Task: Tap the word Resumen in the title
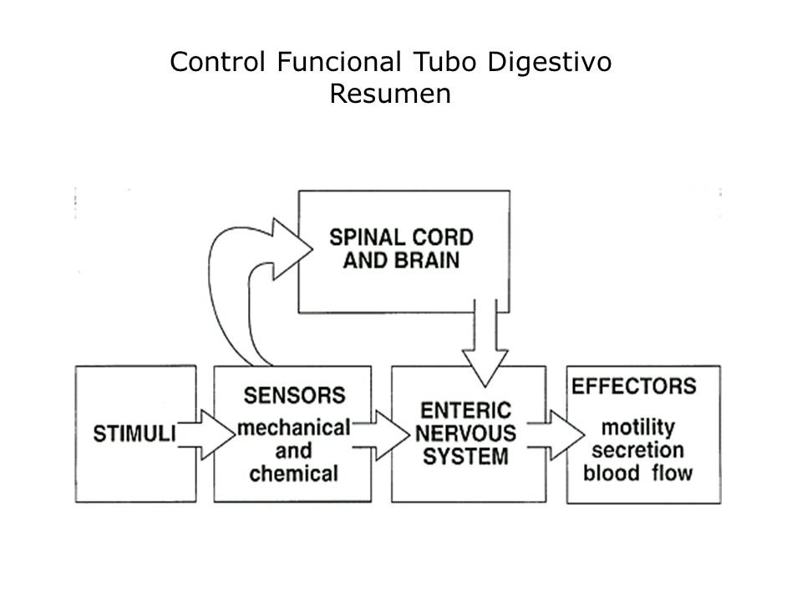(x=390, y=94)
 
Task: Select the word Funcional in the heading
(x=338, y=62)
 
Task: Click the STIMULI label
(x=134, y=434)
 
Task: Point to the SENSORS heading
(x=295, y=395)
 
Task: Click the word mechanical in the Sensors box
(x=294, y=427)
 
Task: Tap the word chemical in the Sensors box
(x=293, y=473)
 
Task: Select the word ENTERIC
(x=465, y=411)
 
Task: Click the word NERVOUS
(x=465, y=434)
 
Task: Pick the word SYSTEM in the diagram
(x=465, y=457)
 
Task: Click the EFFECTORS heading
(x=634, y=386)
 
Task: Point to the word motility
(x=637, y=428)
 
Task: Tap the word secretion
(x=637, y=450)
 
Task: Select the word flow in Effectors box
(x=672, y=472)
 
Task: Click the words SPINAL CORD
(x=401, y=237)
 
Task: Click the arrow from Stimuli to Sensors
(x=206, y=435)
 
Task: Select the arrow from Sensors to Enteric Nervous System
(x=381, y=435)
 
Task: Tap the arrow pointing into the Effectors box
(x=556, y=435)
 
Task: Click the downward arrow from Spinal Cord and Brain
(x=485, y=343)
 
